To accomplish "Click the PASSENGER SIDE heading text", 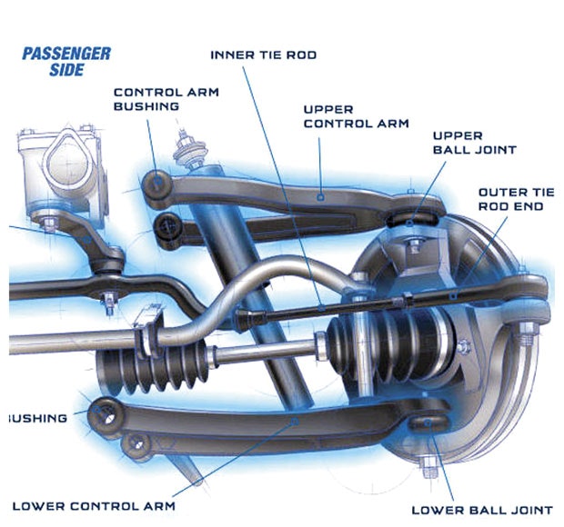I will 66,61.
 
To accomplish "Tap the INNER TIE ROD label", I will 264,55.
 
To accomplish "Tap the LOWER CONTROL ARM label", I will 94,505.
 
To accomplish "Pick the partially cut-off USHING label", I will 36,418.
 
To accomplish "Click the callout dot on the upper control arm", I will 321,195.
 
